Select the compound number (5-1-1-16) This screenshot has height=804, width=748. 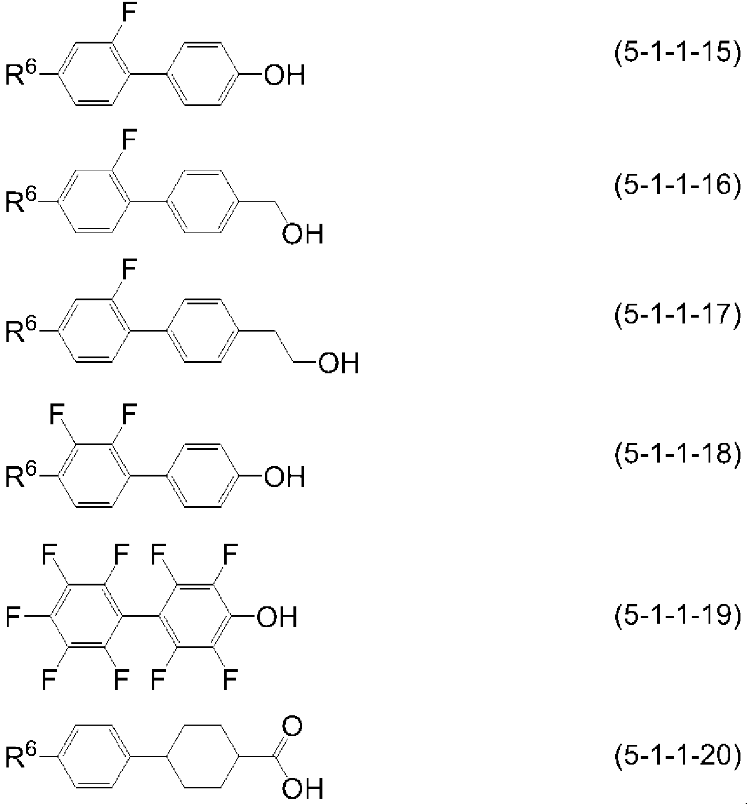coord(677,184)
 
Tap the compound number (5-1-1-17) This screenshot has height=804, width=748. coord(677,314)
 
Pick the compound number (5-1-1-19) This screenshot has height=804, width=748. coord(677,616)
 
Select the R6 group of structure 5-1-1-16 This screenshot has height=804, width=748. coord(20,199)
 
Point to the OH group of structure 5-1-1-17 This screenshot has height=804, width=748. coord(339,362)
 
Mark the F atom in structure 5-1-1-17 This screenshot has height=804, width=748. coord(129,270)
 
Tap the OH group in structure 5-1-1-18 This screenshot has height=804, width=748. coord(284,476)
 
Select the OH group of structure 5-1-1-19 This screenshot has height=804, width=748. coord(277,617)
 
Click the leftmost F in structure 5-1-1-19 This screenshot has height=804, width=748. coord(13,617)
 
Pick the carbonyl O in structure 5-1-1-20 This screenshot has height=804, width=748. coord(292,725)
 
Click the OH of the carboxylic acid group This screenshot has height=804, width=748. coord(303,788)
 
